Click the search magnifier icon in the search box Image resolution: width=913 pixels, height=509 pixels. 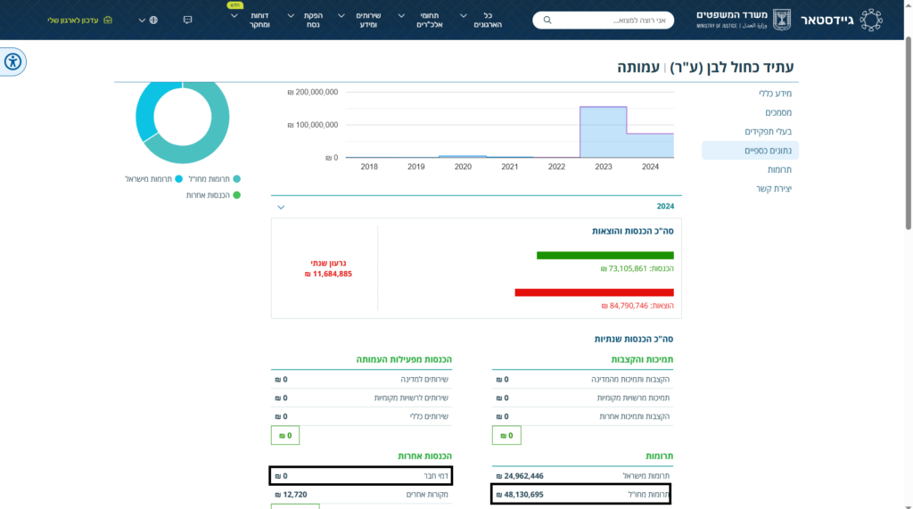coord(547,21)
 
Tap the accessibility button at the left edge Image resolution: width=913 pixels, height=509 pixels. coord(12,62)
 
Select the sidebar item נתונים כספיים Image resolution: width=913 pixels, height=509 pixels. coord(768,151)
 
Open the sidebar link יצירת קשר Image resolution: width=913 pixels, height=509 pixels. coord(774,189)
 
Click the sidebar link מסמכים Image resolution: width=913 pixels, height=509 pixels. coord(778,112)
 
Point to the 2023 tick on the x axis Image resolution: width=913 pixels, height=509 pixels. coord(604,167)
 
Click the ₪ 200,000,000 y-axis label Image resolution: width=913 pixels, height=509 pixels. coord(313,92)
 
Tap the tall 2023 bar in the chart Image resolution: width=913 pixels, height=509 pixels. coord(604,132)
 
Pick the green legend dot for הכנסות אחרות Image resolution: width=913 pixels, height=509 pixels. coord(236,195)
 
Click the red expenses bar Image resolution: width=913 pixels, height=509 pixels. coord(594,292)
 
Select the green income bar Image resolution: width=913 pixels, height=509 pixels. coord(605,255)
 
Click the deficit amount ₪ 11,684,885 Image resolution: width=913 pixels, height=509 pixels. coord(328,274)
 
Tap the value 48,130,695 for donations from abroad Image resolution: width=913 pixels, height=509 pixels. coord(520,495)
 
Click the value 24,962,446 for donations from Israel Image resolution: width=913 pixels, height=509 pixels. coord(520,476)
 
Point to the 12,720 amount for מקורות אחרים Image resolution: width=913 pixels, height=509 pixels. coord(292,495)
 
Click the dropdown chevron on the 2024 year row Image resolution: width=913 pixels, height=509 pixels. coord(281,208)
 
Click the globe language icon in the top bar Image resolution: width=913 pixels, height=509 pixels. coord(153,21)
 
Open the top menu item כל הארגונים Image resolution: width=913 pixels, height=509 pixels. coord(488,20)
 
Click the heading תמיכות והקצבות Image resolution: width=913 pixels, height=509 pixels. coord(642,360)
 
